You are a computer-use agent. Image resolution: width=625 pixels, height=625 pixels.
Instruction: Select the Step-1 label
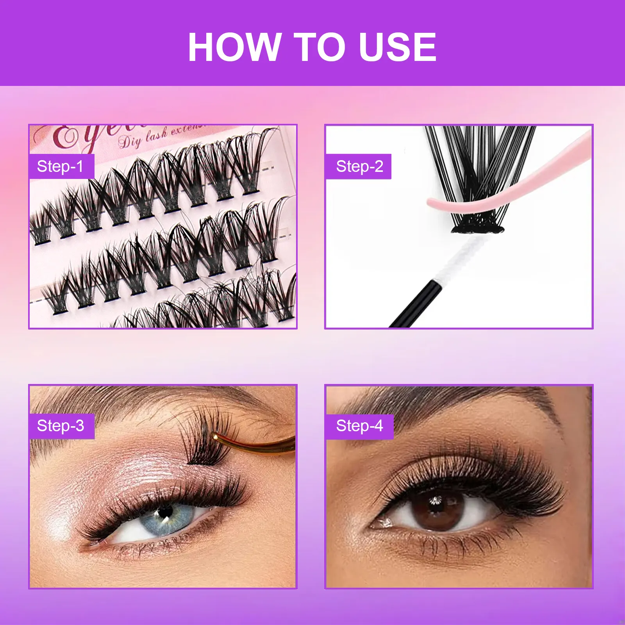point(61,166)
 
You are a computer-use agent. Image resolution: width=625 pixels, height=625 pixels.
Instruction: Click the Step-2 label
point(359,166)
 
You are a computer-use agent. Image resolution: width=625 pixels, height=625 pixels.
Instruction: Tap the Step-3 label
point(61,426)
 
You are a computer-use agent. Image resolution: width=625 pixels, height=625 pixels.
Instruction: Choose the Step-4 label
point(359,426)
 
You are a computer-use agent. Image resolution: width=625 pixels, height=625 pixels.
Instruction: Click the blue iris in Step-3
point(164,518)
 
